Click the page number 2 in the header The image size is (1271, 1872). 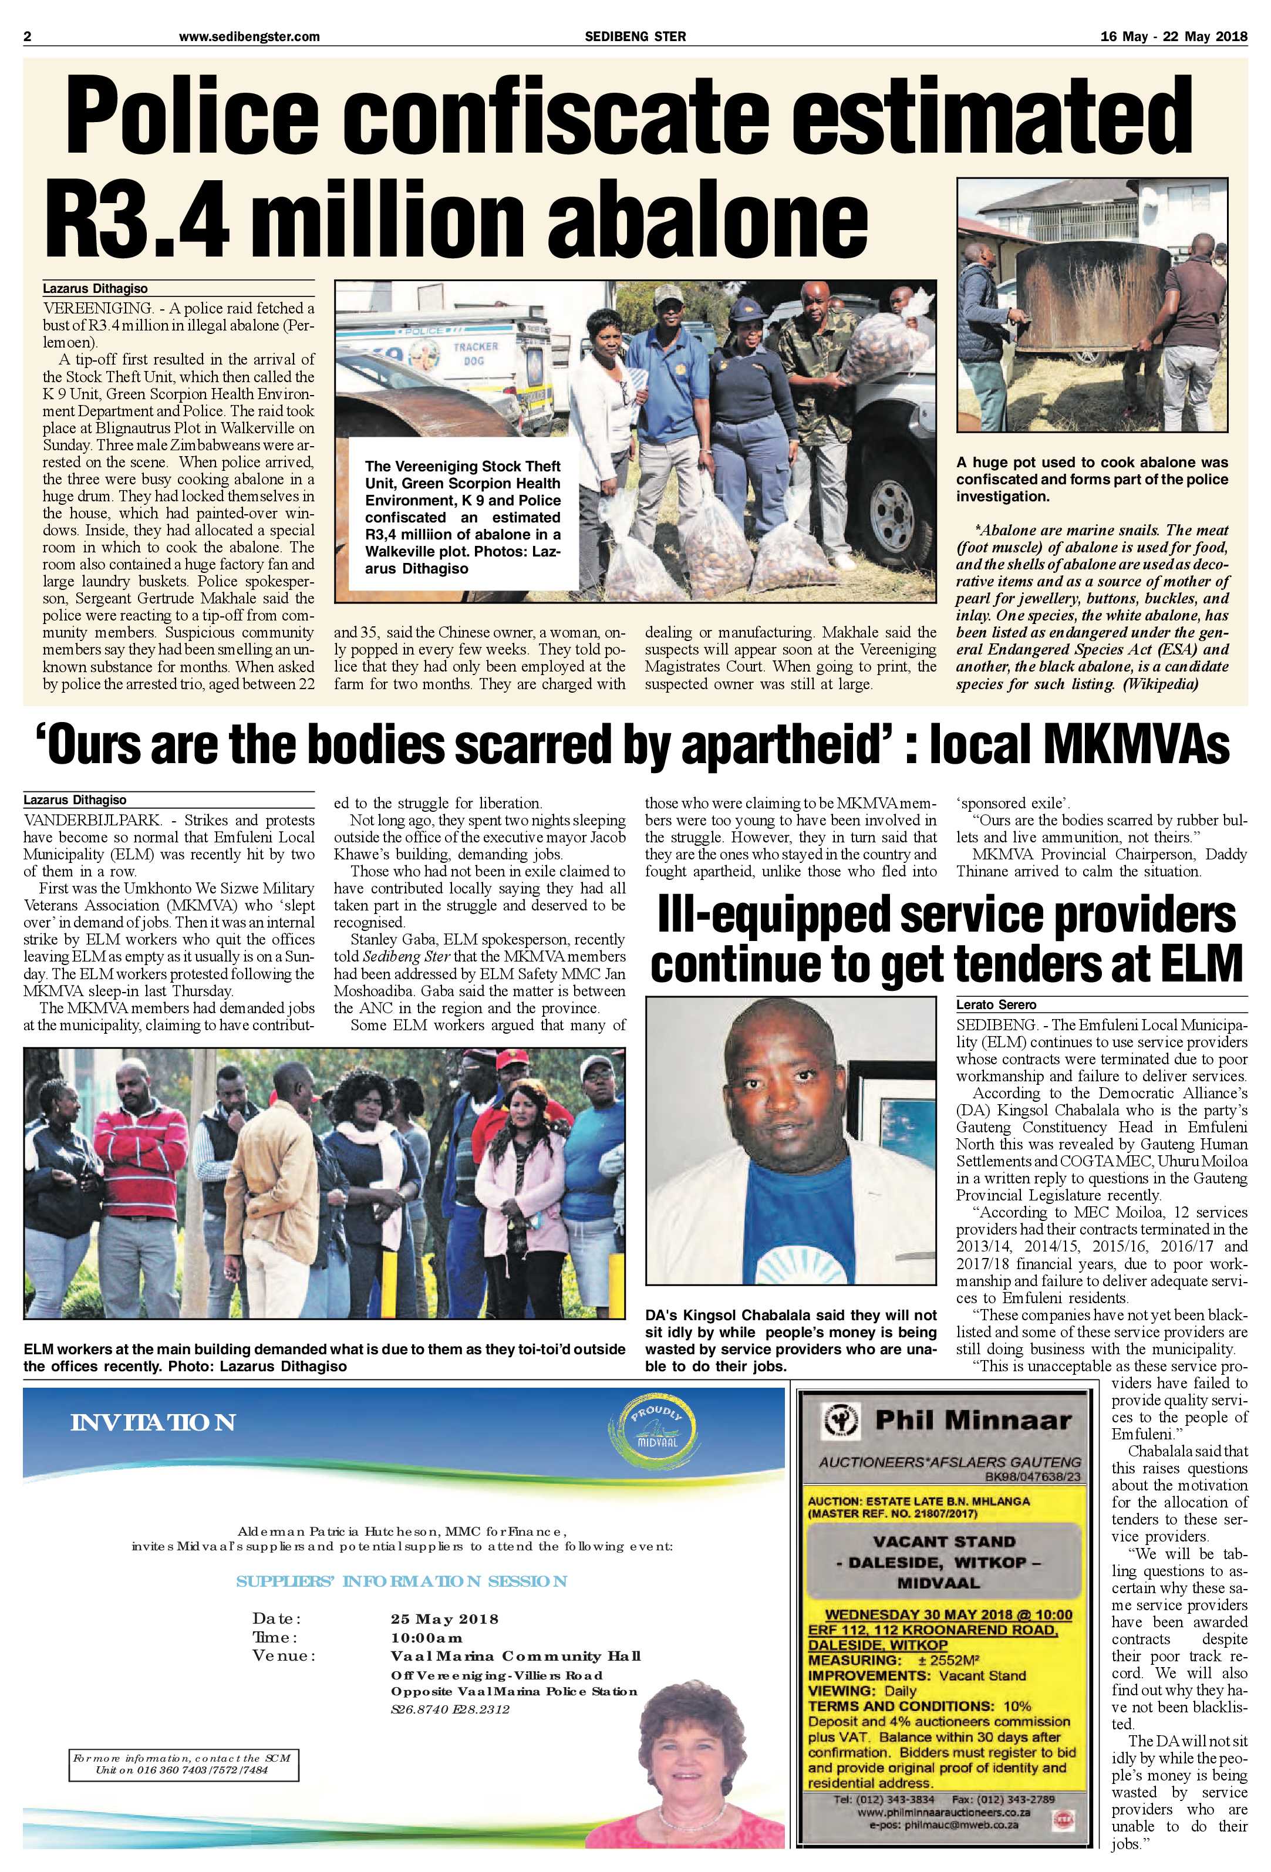[28, 36]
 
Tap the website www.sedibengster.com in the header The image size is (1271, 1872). [249, 36]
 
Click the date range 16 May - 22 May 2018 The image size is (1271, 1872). [1173, 36]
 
